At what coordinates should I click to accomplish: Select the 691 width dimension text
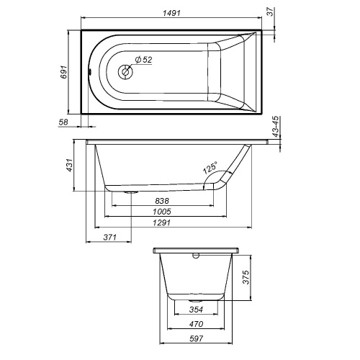pyautogui.click(x=63, y=72)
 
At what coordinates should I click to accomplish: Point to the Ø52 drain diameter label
pyautogui.click(x=143, y=59)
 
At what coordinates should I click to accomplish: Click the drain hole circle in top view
pyautogui.click(x=125, y=72)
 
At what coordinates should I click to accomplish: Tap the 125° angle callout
pyautogui.click(x=210, y=169)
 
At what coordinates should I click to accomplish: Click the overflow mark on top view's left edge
pyautogui.click(x=86, y=72)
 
